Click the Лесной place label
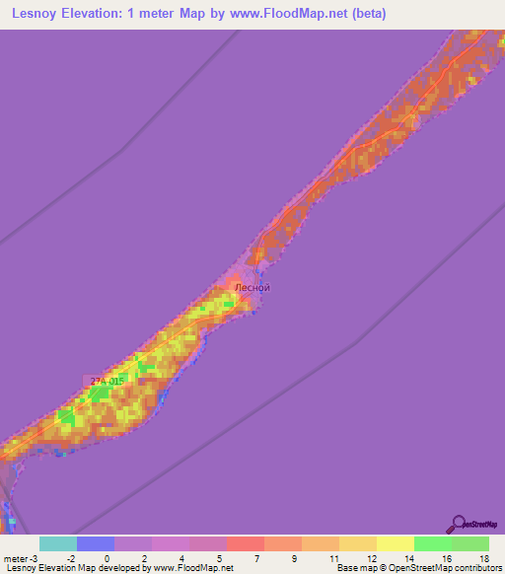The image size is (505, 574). tap(251, 288)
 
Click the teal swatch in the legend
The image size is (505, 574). tap(57, 543)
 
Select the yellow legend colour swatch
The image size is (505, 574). tap(395, 543)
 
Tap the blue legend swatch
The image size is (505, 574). tap(95, 543)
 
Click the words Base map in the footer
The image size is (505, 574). tap(355, 568)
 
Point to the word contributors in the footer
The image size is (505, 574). tap(472, 568)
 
